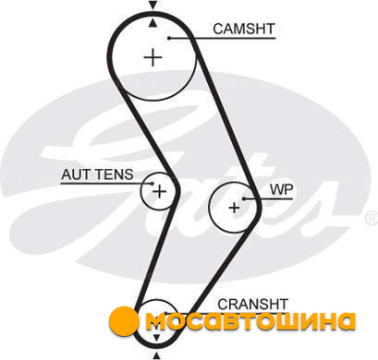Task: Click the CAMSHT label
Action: (243, 29)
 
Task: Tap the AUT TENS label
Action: (97, 174)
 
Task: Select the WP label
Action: (282, 189)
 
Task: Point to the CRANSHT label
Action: (252, 305)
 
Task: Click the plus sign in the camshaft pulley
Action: (153, 57)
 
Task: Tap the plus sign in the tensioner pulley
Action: (160, 192)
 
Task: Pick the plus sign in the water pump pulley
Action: (235, 208)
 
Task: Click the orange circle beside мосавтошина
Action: (124, 321)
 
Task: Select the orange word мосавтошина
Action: (250, 321)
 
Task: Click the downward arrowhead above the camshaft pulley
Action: (152, 5)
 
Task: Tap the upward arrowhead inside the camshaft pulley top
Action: (152, 23)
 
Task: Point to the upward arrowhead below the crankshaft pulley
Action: (156, 355)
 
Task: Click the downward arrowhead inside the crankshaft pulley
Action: (156, 338)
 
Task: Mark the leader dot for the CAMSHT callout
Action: (169, 38)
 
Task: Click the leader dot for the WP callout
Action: (243, 198)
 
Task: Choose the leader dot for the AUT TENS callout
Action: (152, 184)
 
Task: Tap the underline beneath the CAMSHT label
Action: (222, 39)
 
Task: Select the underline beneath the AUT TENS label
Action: (106, 184)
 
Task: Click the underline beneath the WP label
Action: (268, 198)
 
